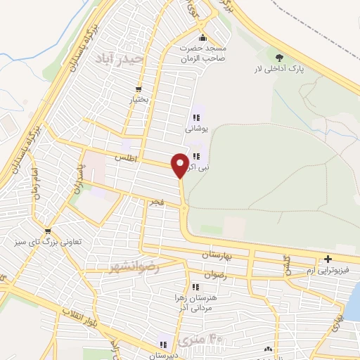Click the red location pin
click(x=180, y=165)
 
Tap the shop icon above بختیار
click(x=139, y=89)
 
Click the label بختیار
click(x=139, y=100)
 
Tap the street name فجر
click(x=155, y=202)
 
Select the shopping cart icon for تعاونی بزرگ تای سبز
click(x=47, y=230)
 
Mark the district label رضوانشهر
click(x=135, y=267)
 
